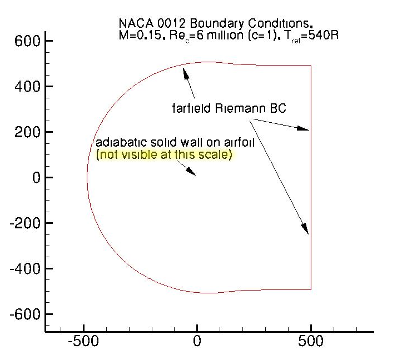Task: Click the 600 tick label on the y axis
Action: click(x=27, y=41)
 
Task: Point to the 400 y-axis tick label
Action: click(x=27, y=87)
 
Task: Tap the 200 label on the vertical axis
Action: click(x=27, y=132)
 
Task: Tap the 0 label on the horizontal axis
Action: click(x=197, y=341)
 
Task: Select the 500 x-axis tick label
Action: click(x=311, y=341)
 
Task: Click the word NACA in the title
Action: click(x=133, y=24)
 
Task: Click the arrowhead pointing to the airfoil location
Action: click(x=192, y=173)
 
